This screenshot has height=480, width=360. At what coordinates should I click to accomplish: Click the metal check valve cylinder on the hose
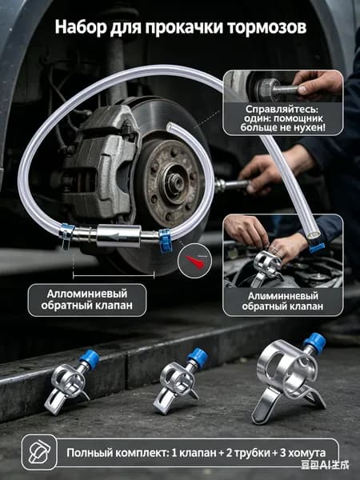point(118,236)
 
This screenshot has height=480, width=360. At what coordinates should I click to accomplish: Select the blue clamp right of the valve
point(165,240)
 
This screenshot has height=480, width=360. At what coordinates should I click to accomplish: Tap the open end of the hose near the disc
point(170,126)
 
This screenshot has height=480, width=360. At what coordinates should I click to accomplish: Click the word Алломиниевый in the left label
point(87,294)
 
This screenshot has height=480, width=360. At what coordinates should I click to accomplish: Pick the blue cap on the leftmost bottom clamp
point(89,358)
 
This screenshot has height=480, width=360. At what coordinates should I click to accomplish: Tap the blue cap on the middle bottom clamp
point(198,356)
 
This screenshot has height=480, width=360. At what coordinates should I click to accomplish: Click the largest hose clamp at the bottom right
point(287,378)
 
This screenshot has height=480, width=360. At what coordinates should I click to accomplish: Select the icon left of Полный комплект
point(39,452)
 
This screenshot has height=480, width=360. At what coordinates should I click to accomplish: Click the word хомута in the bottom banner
point(306,453)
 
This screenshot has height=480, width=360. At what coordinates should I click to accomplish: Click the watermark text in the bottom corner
point(325,466)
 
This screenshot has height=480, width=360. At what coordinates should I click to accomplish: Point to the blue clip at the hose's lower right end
point(317,246)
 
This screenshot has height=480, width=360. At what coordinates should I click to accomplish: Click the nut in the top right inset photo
point(268,90)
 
